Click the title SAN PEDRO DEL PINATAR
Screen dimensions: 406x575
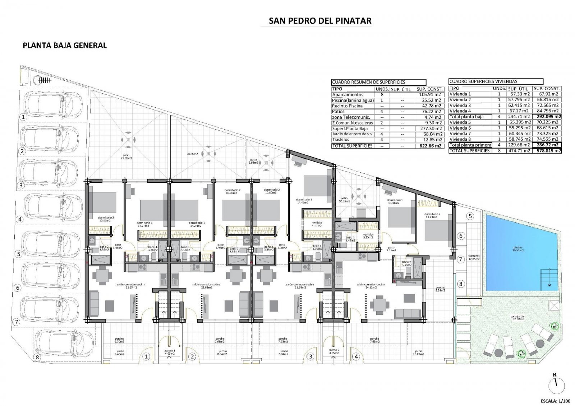(x=320, y=21)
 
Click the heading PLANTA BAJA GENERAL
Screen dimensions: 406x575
(x=65, y=46)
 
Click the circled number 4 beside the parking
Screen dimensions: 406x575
(x=20, y=219)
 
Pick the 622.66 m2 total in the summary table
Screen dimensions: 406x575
(x=430, y=146)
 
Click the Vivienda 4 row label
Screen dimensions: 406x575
(x=460, y=111)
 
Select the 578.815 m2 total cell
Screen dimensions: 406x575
(x=546, y=151)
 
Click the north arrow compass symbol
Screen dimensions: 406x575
(x=555, y=385)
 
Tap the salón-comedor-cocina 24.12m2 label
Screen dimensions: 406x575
(x=370, y=286)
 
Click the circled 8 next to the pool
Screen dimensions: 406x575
(x=461, y=284)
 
